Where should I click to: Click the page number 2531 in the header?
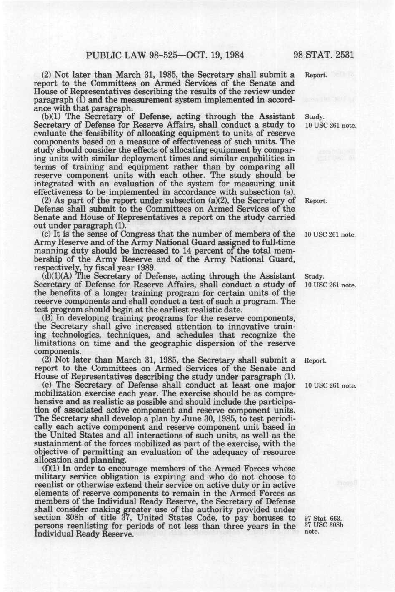(x=343, y=55)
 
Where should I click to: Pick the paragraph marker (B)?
(x=47, y=318)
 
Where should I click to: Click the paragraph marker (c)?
(x=47, y=234)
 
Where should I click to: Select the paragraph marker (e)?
(x=47, y=385)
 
